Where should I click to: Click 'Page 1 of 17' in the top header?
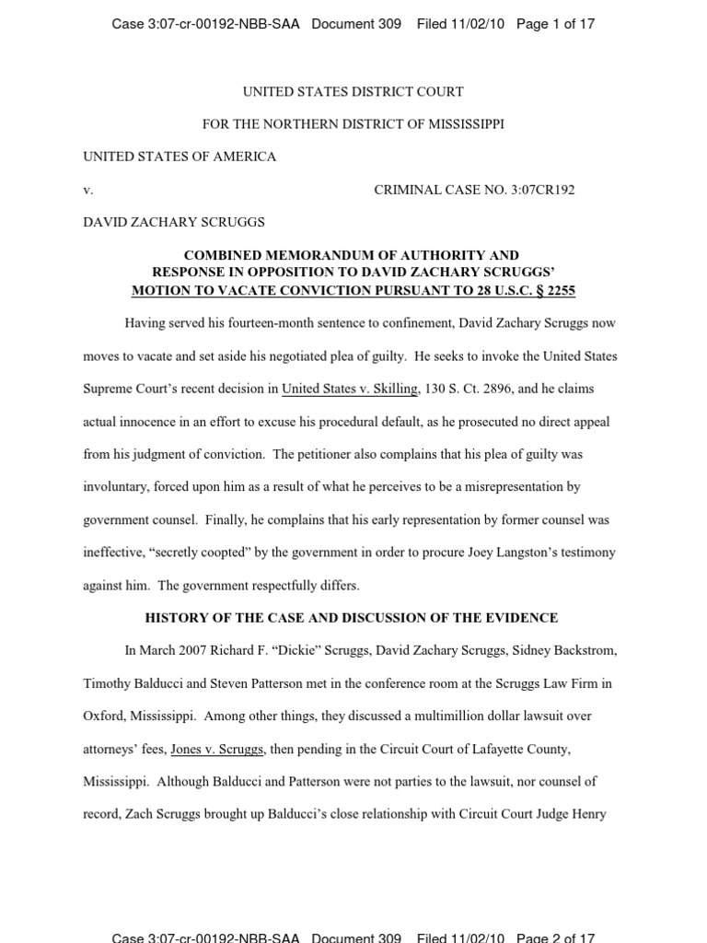(555, 24)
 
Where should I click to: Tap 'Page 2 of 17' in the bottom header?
(555, 937)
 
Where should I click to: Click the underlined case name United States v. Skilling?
(350, 389)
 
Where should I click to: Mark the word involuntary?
(117, 487)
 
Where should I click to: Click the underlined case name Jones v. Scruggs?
(217, 749)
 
